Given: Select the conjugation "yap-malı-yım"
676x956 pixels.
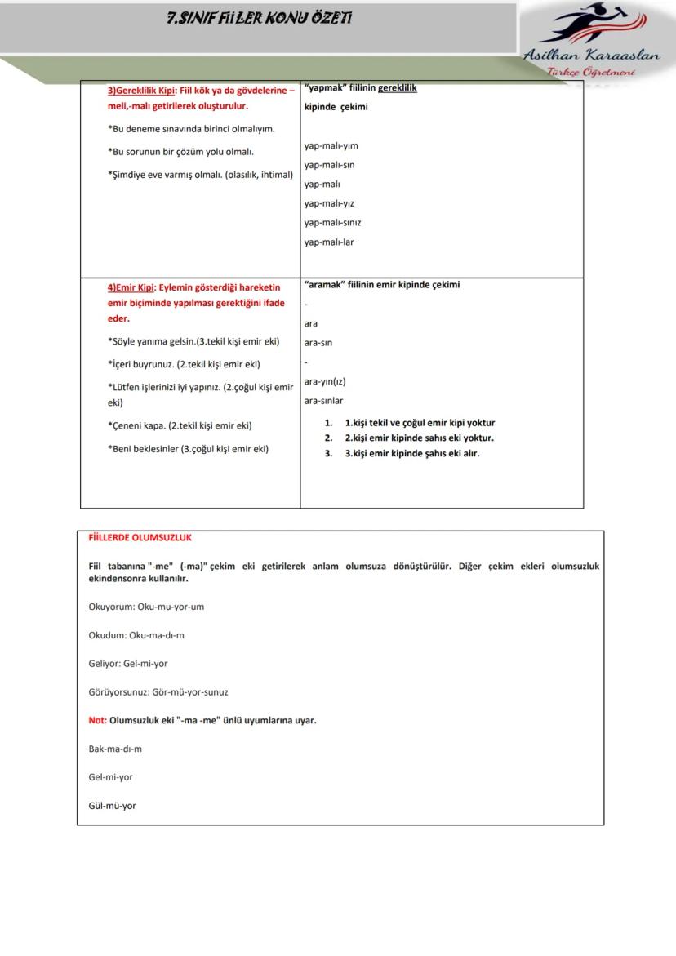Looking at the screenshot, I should [x=331, y=146].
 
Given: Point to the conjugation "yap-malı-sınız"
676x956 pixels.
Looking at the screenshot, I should [x=332, y=223].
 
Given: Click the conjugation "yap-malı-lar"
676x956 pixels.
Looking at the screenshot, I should [x=329, y=242].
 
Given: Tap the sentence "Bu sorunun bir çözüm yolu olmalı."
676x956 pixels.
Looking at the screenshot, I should [x=180, y=152].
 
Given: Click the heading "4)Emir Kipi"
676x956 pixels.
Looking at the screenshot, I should [x=131, y=287].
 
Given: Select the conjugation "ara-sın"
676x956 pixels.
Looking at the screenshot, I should [x=318, y=343].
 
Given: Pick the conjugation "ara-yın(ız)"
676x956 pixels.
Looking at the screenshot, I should [x=324, y=381].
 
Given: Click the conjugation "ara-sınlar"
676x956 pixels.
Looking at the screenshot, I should [x=323, y=401].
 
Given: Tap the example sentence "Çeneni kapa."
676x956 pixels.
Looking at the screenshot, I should [x=136, y=425].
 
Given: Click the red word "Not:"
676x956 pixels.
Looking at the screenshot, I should [x=97, y=720].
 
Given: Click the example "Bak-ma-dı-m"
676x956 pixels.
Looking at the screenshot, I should [x=115, y=749].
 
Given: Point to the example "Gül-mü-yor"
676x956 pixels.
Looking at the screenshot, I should [x=112, y=806].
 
